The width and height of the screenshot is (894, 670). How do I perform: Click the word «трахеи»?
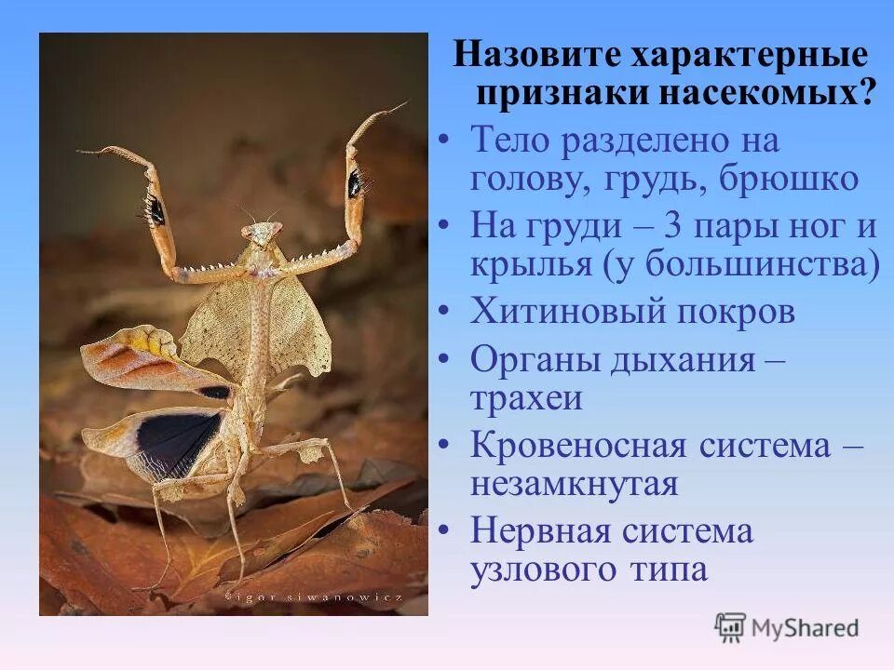coord(527,398)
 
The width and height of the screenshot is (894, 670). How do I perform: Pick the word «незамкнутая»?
coord(575,484)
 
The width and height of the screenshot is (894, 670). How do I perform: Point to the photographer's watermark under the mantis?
coord(313,596)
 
